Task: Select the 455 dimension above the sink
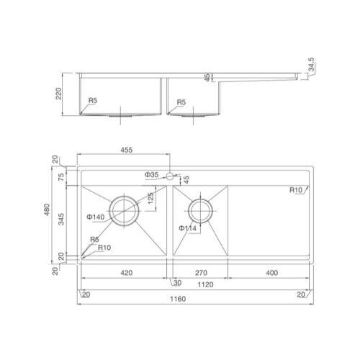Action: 125,150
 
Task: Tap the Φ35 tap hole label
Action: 151,175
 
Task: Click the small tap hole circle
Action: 171,175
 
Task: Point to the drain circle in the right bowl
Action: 200,210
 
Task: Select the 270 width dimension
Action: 202,274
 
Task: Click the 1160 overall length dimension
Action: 178,299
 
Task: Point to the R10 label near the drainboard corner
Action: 295,190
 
